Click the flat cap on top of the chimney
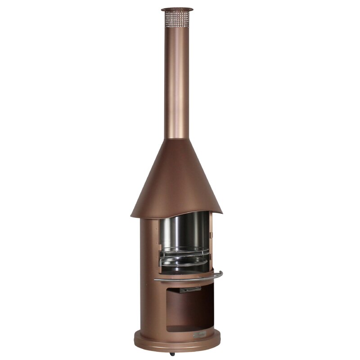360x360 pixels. click(177, 9)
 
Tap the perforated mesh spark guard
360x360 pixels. click(177, 19)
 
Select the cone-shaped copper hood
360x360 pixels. click(175, 180)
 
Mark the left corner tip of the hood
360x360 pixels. click(132, 216)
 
